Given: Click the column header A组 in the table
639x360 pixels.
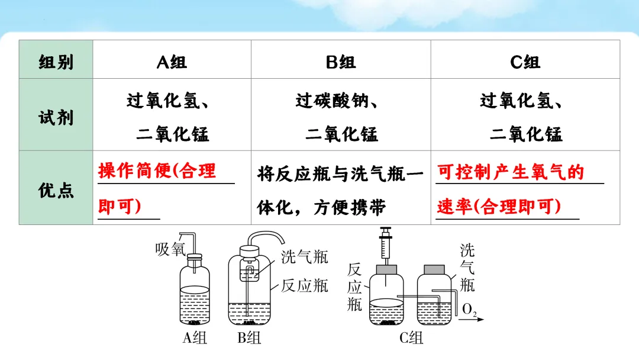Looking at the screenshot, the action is pyautogui.click(x=172, y=62).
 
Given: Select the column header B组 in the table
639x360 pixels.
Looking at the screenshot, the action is pyautogui.click(x=341, y=62).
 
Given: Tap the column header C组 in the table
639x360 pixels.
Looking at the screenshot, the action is pyautogui.click(x=525, y=62).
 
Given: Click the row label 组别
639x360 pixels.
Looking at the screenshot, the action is pyautogui.click(x=56, y=62).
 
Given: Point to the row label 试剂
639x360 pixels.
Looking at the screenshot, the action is pyautogui.click(x=56, y=117).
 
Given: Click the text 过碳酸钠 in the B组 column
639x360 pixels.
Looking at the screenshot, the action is pyautogui.click(x=331, y=101).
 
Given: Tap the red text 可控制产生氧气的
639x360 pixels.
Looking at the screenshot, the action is pyautogui.click(x=511, y=172).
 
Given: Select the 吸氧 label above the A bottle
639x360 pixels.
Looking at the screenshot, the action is pyautogui.click(x=170, y=249).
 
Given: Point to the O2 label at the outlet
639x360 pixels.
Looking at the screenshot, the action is pyautogui.click(x=470, y=310).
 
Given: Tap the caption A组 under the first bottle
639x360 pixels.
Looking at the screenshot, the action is pyautogui.click(x=195, y=339).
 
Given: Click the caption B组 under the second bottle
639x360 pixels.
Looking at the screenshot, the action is pyautogui.click(x=249, y=339).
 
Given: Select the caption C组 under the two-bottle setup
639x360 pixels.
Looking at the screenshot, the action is pyautogui.click(x=411, y=339).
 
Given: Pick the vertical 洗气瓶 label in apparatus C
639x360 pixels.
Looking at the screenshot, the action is pyautogui.click(x=467, y=267).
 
